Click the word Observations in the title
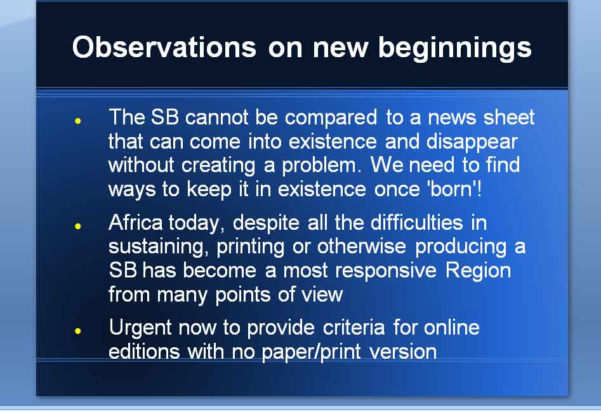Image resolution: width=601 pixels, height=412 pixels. (x=164, y=47)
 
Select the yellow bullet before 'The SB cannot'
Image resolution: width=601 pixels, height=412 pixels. (x=78, y=121)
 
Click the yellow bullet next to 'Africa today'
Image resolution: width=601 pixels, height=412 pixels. (x=78, y=226)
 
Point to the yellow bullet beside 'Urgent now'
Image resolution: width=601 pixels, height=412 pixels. (x=78, y=330)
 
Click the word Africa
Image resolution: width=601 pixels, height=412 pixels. (x=136, y=222)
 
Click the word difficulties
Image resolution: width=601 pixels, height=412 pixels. (x=417, y=222)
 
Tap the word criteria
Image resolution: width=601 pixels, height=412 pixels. (x=353, y=328)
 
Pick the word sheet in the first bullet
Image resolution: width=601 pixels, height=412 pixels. (x=509, y=117)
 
